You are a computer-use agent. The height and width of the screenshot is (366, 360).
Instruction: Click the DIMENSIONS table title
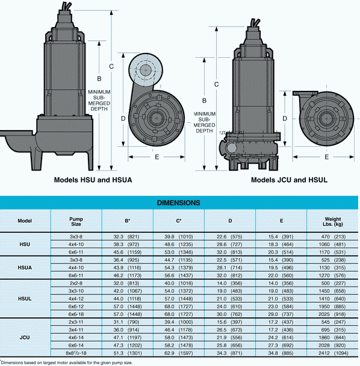[179, 203]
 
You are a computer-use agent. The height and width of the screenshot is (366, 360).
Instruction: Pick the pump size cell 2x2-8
[76, 282]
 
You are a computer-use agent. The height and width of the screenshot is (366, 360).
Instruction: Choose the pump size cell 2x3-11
[76, 321]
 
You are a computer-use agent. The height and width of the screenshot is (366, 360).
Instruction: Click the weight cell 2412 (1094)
[332, 355]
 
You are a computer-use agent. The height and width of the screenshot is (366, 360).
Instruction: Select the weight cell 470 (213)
[332, 237]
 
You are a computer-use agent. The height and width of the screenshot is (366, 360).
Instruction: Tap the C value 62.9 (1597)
[178, 355]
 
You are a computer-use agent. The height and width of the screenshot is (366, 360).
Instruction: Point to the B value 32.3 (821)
[128, 237]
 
